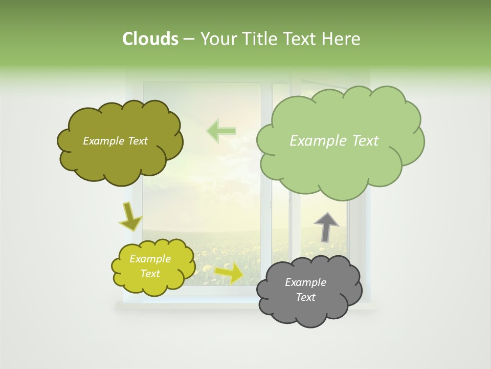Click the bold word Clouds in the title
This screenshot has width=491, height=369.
(x=150, y=39)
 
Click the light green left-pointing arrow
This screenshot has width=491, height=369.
(x=221, y=131)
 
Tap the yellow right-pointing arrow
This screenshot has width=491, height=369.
(x=230, y=273)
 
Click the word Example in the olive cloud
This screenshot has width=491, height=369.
(x=103, y=141)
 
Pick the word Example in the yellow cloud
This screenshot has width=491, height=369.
(x=150, y=259)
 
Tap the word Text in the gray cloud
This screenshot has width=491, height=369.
(x=305, y=297)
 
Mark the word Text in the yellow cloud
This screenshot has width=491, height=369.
(x=150, y=274)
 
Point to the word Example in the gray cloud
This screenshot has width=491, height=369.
(x=305, y=282)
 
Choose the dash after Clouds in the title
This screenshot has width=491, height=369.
(x=188, y=39)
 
